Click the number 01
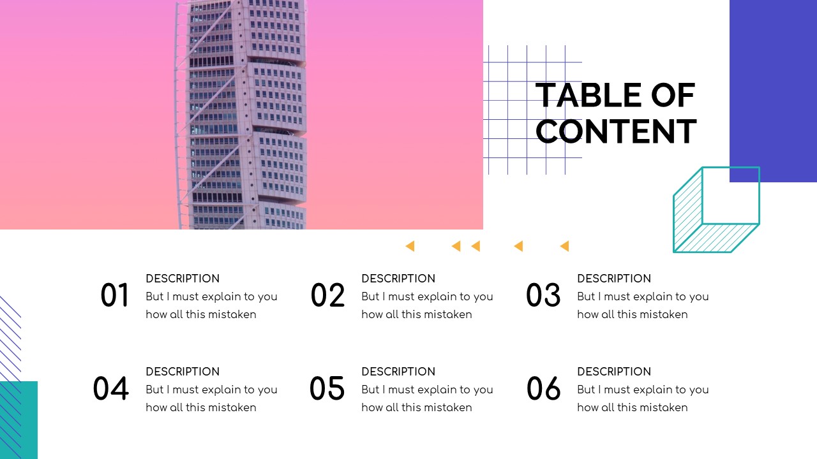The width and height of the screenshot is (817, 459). [x=115, y=296]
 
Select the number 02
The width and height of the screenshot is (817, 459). [x=327, y=296]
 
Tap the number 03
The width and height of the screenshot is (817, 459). [x=543, y=296]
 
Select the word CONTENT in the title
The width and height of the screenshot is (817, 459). [x=616, y=132]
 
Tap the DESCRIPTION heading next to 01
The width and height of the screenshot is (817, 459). [x=183, y=279]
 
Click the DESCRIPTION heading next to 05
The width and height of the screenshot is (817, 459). [x=398, y=372]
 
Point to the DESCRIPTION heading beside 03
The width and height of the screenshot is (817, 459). [x=614, y=279]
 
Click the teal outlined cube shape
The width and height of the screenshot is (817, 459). [x=717, y=210]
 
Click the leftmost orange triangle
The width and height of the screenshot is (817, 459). [x=410, y=246]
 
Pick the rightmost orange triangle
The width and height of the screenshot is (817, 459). [x=564, y=246]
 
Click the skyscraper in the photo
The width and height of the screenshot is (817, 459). [x=241, y=115]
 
